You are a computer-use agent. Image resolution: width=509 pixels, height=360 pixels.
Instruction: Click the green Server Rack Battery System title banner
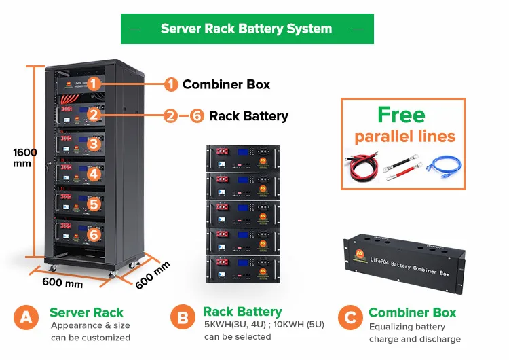(x=246, y=29)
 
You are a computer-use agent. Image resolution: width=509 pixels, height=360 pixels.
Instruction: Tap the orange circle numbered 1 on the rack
(x=94, y=84)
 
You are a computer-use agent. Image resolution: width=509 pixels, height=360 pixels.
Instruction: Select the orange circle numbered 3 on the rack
(x=94, y=144)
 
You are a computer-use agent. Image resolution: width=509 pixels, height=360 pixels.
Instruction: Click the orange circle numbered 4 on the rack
(x=94, y=174)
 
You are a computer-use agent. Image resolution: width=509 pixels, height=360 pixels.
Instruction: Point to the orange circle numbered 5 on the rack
(x=94, y=204)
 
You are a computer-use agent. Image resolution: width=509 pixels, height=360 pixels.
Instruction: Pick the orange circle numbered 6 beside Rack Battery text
(x=197, y=116)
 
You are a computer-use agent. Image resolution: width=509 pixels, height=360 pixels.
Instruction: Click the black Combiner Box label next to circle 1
(x=226, y=84)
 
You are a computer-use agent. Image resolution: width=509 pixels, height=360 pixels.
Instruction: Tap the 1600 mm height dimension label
(x=25, y=158)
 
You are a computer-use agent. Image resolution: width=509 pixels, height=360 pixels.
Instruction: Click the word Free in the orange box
(x=401, y=115)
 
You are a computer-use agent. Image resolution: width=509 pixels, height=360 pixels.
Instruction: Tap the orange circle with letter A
(x=26, y=317)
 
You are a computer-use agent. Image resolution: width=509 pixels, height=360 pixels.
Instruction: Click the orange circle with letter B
(x=182, y=317)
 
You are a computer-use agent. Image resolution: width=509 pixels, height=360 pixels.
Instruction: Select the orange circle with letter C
(x=350, y=317)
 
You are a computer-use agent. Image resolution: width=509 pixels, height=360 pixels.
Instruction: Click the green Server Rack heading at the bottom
(x=86, y=312)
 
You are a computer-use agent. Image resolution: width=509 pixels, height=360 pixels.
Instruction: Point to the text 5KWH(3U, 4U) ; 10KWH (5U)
(x=264, y=325)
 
